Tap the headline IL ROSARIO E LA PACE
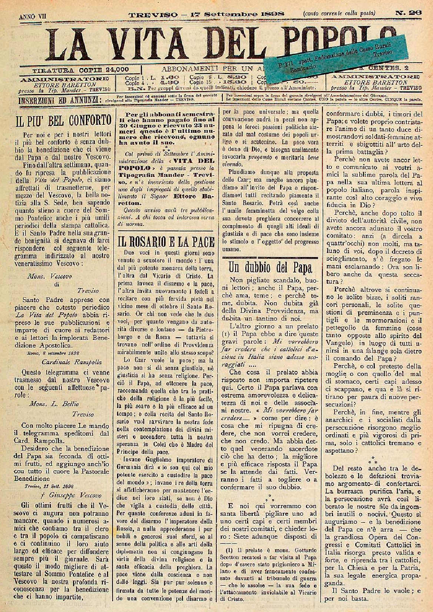pos(166,242)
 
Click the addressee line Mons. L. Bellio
pos(54,403)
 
